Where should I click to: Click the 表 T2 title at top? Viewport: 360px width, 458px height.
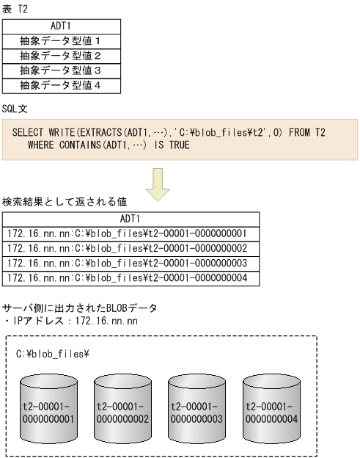[16, 7]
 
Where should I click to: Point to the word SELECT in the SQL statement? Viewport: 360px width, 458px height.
[27, 133]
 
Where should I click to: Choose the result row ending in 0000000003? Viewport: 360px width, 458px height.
[131, 264]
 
